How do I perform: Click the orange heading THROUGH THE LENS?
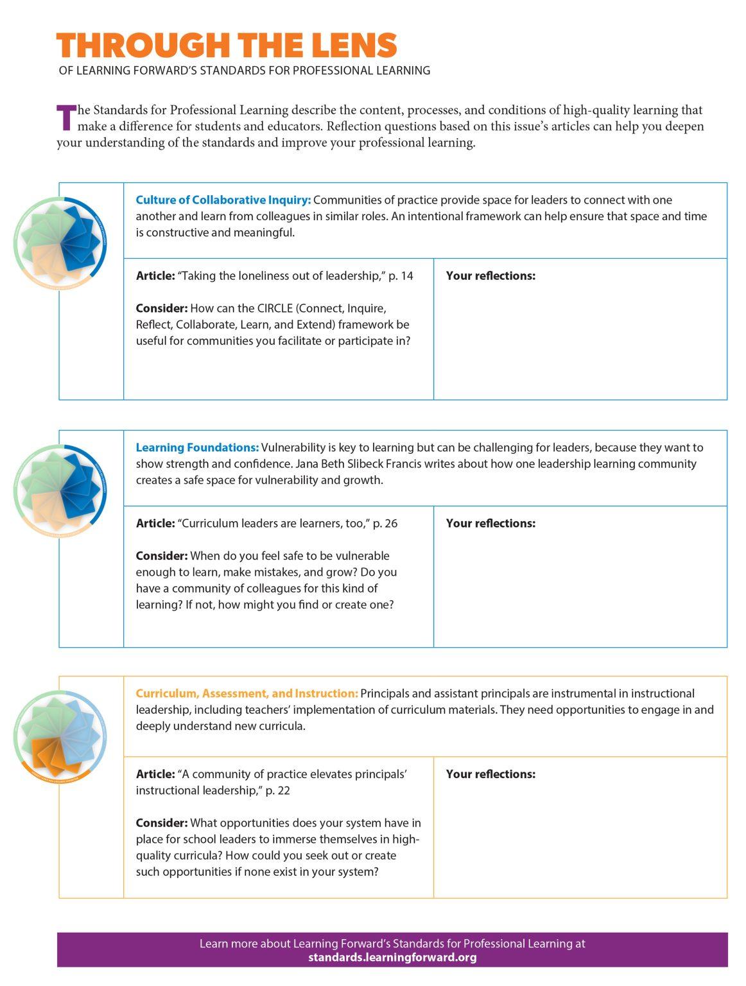pyautogui.click(x=227, y=45)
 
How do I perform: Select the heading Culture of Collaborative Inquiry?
pyautogui.click(x=223, y=200)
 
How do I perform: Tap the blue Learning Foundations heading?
pyautogui.click(x=197, y=447)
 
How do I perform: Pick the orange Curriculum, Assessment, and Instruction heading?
pyautogui.click(x=247, y=693)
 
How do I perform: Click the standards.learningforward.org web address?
pyautogui.click(x=392, y=958)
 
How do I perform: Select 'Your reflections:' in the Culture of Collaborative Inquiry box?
pyautogui.click(x=490, y=276)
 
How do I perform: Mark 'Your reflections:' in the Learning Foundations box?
pyautogui.click(x=490, y=524)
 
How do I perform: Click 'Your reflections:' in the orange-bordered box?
pyautogui.click(x=490, y=774)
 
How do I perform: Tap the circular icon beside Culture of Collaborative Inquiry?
pyautogui.click(x=60, y=243)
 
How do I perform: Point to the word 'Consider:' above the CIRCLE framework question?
pyautogui.click(x=162, y=308)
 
